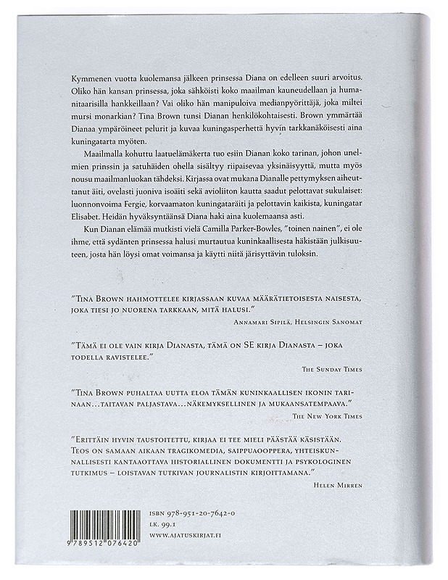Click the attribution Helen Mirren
337,481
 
